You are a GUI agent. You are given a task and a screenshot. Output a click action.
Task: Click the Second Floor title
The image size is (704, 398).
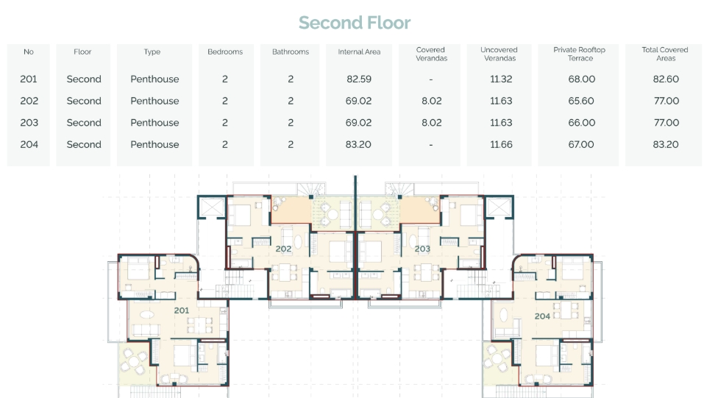click(355, 23)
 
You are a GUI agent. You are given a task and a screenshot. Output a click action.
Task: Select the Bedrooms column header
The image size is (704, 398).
click(225, 51)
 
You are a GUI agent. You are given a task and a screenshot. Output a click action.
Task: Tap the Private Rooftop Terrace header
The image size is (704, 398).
click(580, 54)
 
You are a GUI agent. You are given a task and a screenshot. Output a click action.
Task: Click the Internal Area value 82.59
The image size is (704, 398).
click(359, 79)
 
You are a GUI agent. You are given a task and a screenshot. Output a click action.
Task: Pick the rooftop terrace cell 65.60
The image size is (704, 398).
click(581, 101)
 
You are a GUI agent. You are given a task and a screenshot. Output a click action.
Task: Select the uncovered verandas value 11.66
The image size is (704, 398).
click(501, 144)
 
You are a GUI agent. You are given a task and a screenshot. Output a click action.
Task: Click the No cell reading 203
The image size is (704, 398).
click(29, 123)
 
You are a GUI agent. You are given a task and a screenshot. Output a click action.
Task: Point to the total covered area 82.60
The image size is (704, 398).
click(666, 79)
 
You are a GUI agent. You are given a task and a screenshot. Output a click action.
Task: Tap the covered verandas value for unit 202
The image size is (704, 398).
click(432, 101)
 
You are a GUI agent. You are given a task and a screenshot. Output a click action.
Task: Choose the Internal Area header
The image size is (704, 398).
click(359, 51)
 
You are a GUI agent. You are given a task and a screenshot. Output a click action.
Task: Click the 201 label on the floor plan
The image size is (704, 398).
click(182, 310)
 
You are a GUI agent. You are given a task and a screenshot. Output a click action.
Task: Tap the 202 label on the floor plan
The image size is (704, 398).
click(283, 249)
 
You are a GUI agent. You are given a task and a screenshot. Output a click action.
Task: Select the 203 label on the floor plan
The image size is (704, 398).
click(422, 249)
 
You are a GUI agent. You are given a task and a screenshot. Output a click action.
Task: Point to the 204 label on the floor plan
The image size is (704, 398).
click(542, 316)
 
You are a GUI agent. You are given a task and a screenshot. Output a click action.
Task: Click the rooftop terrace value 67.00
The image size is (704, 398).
click(581, 144)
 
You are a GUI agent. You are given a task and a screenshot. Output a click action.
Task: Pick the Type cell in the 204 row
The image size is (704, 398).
click(155, 144)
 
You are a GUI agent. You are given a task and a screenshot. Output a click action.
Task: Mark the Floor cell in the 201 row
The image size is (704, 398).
click(84, 79)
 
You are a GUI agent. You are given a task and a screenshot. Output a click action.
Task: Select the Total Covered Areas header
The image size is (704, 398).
click(665, 54)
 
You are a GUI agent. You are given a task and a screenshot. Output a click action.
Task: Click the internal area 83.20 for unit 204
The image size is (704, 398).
click(358, 144)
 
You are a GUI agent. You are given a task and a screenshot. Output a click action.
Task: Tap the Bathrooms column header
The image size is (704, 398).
click(291, 51)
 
